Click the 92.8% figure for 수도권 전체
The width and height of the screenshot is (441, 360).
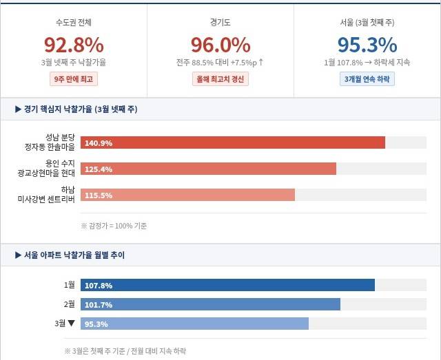[74, 45]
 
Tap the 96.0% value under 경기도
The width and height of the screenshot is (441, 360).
[220, 45]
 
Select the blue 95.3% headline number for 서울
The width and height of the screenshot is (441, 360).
[367, 45]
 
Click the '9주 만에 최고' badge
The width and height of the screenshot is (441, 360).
[74, 78]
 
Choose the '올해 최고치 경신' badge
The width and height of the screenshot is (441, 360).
[220, 78]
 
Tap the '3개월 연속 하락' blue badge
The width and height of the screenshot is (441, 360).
[367, 78]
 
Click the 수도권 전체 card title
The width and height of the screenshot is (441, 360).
[74, 23]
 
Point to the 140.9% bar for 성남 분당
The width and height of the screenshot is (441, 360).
[233, 143]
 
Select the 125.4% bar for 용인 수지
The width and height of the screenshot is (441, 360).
[209, 169]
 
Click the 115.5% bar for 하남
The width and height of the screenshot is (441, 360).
[188, 195]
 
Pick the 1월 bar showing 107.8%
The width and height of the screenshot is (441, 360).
[228, 285]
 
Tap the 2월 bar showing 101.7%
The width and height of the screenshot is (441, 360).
[211, 304]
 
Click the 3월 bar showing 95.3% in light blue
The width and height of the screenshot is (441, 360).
[195, 324]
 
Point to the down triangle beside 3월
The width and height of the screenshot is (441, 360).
[71, 323]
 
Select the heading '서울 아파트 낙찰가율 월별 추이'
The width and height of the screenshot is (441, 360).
[74, 255]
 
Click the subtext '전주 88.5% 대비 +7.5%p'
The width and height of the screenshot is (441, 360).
[220, 63]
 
